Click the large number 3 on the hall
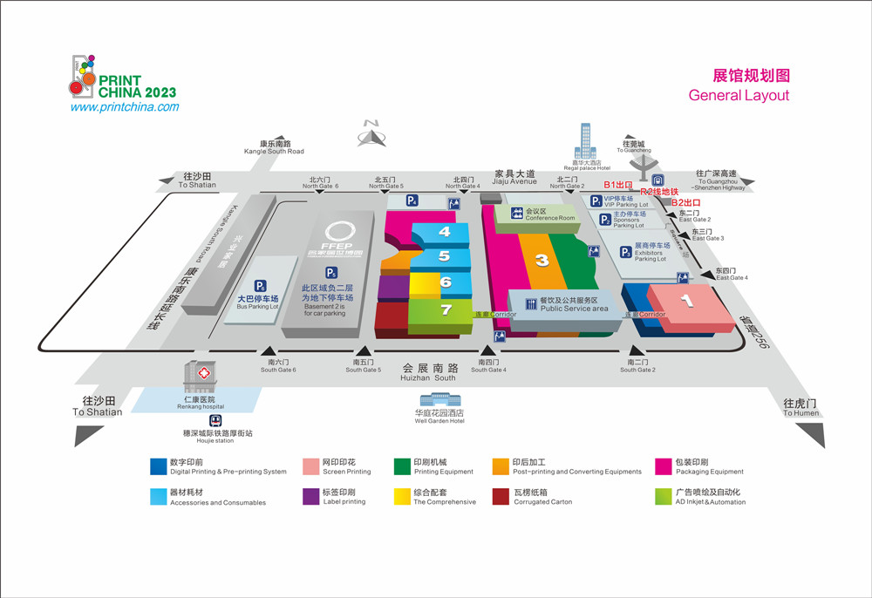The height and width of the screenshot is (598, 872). pyautogui.click(x=542, y=259)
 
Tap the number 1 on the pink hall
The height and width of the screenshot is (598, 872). pyautogui.click(x=687, y=302)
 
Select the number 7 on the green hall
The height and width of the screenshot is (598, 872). pyautogui.click(x=446, y=309)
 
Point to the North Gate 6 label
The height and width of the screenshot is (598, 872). pyautogui.click(x=321, y=183)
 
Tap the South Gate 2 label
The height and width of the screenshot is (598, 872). pyautogui.click(x=637, y=365)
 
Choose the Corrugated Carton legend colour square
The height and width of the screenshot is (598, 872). pyautogui.click(x=500, y=497)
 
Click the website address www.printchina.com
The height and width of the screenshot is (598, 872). pyautogui.click(x=124, y=107)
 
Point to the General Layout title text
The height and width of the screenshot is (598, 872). pyautogui.click(x=739, y=96)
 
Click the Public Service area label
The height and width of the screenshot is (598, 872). pyautogui.click(x=574, y=306)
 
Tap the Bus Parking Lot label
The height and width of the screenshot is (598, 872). pyautogui.click(x=258, y=302)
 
